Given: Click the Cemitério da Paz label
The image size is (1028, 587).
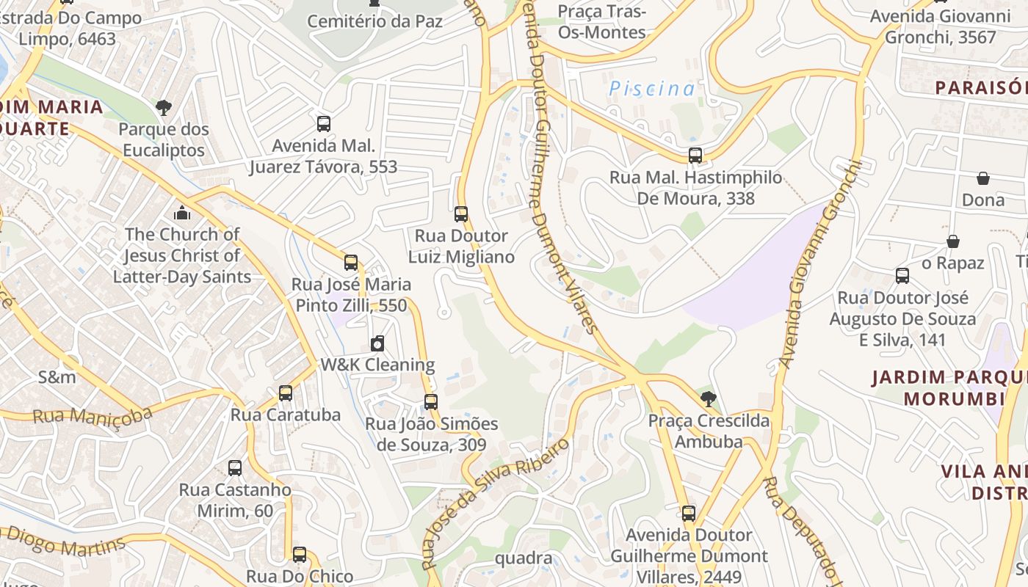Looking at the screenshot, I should coord(374,21).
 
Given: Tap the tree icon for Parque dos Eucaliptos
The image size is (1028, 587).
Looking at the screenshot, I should coord(163,108).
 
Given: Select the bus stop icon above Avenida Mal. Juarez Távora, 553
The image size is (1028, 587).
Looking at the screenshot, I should coord(323,123).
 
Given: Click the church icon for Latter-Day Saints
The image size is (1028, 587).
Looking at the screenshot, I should coord(182,213).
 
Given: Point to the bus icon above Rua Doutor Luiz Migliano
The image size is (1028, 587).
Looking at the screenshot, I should coord(461,214).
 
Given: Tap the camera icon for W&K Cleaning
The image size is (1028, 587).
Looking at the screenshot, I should coord(377,343).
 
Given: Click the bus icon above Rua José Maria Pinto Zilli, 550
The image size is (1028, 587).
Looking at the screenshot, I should coord(351,262).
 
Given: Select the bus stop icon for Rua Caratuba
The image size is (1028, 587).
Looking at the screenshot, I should coord(286,393).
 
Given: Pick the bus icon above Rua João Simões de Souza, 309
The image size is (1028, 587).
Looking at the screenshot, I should coord(431,401).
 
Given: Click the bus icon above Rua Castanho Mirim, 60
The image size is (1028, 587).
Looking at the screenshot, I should coord(235,467).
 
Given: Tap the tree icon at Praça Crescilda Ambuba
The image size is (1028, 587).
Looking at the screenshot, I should coord(709,399).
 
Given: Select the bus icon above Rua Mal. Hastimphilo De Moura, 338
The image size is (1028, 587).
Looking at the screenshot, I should coord(695,156).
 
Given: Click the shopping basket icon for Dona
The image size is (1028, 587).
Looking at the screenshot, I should coord(982,178).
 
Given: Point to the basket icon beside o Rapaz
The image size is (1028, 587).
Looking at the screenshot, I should coord(952,241).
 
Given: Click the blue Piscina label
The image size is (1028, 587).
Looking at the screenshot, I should coord(652,89).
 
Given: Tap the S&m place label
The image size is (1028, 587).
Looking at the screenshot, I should coord(57,377).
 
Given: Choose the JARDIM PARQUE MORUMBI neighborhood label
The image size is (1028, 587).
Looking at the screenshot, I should coord(947,388).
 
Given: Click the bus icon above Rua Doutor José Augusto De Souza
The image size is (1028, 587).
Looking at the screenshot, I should coord(902,276).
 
